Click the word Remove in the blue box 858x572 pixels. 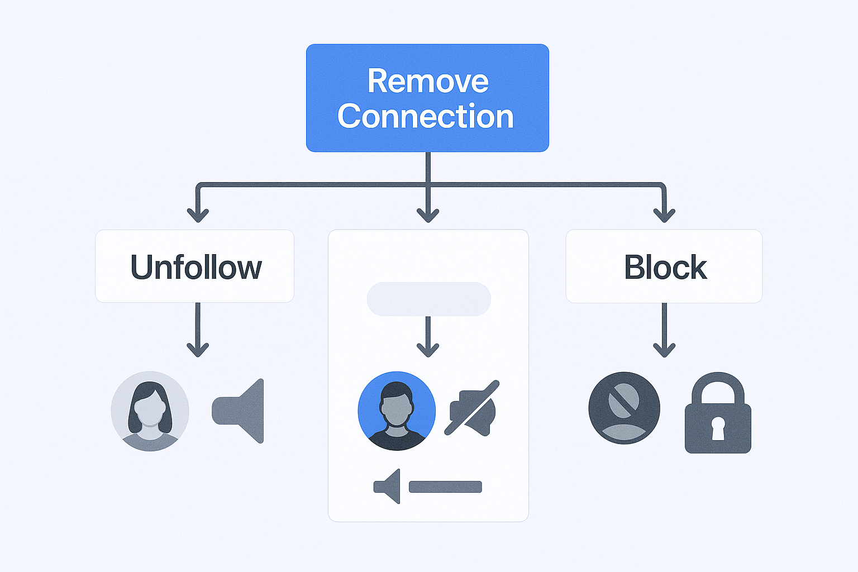point(428,82)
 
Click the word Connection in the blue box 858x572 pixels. point(426,116)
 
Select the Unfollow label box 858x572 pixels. point(195,266)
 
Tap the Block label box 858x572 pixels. point(664,266)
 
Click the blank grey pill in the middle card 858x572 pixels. point(428,299)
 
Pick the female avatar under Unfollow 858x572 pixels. point(150,411)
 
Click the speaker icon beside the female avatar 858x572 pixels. point(239,411)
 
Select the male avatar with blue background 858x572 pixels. point(397,411)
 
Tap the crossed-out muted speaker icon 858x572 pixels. point(473,409)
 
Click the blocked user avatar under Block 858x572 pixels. point(625,408)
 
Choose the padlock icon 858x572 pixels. point(718,413)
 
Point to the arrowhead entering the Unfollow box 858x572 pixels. point(198,215)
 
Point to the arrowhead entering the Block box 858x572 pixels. point(664,215)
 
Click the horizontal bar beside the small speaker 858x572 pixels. point(445,487)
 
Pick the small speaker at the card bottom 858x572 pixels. point(388,487)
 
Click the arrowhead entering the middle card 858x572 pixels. point(428,215)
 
